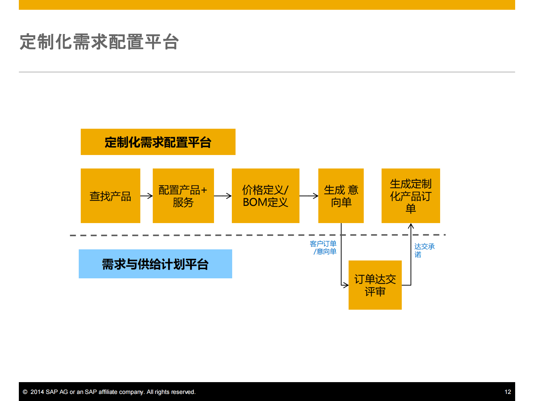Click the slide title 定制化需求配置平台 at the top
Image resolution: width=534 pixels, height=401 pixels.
pos(99,42)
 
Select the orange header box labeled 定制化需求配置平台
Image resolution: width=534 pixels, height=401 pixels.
pos(158,142)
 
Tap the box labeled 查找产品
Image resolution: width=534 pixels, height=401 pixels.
pos(110,196)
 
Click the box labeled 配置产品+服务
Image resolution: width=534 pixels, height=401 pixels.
pos(183,196)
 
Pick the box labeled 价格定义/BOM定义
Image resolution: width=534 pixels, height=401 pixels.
pos(265,196)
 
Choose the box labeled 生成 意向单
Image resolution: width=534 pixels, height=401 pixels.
pos(341,196)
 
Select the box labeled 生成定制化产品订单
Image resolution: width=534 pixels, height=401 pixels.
pos(411,196)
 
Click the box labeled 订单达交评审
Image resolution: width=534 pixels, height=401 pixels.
pos(375,285)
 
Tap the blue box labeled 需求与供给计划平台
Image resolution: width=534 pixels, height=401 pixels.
pos(155,264)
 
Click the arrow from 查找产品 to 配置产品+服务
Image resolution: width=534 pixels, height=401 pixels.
pos(147,196)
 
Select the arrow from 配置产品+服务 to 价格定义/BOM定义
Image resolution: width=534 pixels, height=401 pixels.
pos(223,196)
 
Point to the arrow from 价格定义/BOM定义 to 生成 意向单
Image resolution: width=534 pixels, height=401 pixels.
pos(309,196)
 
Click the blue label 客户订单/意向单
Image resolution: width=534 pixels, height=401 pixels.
pos(323,248)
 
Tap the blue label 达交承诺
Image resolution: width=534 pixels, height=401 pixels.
pos(424,250)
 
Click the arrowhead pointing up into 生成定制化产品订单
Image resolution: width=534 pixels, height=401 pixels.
pos(411,226)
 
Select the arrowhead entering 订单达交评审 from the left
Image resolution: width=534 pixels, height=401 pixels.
pos(346,285)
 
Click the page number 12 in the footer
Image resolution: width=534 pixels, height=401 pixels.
pos(507,392)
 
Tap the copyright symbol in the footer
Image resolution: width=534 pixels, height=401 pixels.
pos(25,392)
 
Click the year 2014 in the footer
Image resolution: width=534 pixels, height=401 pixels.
pos(37,392)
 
